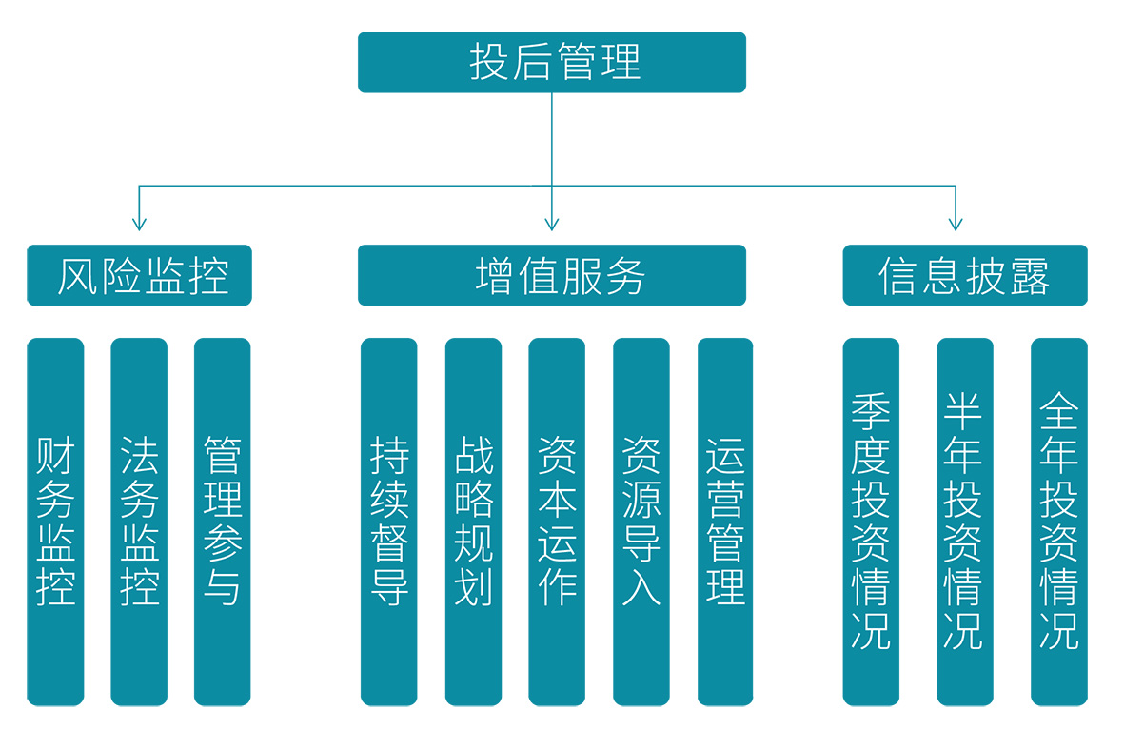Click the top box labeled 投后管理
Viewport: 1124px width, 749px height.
pos(552,63)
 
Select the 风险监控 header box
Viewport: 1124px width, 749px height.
pos(139,276)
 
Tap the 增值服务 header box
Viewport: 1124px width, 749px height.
pos(552,276)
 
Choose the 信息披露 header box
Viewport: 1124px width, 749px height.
pos(964,276)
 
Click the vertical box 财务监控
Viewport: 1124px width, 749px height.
pos(55,522)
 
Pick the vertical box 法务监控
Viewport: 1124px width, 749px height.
pos(139,522)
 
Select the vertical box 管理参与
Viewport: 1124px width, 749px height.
pos(222,522)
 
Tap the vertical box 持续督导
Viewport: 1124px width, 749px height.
pos(388,522)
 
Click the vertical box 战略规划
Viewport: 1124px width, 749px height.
pos(473,522)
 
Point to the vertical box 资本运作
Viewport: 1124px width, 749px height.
pos(557,522)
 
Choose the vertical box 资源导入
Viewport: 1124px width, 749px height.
pos(641,522)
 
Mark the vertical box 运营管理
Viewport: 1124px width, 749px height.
pos(725,522)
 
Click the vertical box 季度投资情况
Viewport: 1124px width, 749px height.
pos(871,522)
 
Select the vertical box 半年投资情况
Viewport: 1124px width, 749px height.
pos(964,522)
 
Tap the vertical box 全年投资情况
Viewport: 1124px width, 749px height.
pos(1058,522)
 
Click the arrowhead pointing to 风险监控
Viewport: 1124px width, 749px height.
pos(139,224)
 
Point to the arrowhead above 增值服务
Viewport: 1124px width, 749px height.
pos(552,224)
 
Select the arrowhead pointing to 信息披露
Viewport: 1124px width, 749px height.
pos(956,224)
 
